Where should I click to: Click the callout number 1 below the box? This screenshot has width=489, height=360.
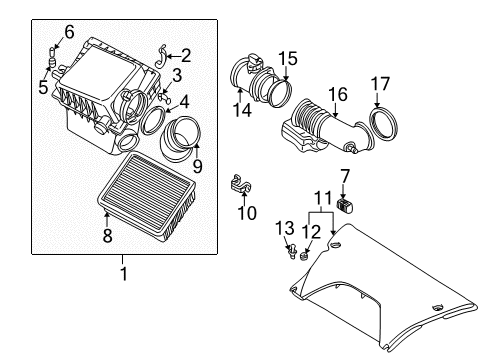124,274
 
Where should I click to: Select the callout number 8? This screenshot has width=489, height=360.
107,235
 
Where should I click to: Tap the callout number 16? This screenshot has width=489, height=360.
338,94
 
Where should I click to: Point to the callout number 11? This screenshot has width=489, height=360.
323,198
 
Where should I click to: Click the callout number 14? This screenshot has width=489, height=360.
242,110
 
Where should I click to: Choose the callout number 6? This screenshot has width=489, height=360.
69,32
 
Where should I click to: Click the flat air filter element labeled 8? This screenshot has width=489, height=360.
146,196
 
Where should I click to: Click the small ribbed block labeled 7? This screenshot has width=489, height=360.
346,205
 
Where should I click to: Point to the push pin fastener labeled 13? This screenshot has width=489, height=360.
292,251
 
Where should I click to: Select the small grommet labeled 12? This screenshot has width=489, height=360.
304,256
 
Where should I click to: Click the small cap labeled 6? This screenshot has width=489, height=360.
52,52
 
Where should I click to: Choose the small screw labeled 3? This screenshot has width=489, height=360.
164,98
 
